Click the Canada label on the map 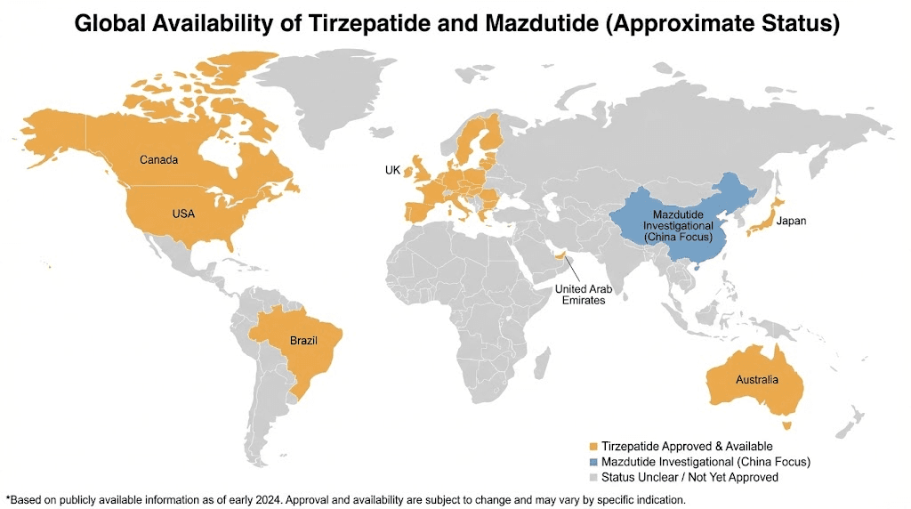point(159,160)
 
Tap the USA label point(184,214)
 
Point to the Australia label point(756,380)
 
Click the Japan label point(791,221)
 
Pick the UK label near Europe point(392,170)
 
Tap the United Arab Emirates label point(581,295)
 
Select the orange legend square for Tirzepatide point(593,446)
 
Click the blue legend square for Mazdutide point(593,462)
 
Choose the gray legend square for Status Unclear point(593,478)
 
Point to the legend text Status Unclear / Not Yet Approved point(689,478)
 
